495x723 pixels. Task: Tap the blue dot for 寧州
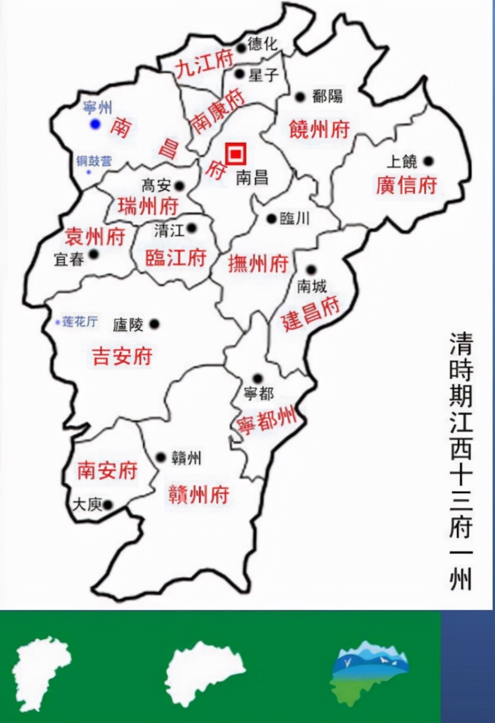coord(95,124)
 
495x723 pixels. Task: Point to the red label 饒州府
coord(319,130)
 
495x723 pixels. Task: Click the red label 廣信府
coord(406,185)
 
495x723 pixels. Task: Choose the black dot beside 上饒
coord(429,161)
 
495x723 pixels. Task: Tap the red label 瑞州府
coord(147,207)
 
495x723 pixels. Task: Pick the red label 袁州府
coord(94,236)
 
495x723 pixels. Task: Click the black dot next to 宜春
coord(94,254)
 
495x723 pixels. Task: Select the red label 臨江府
coord(175,258)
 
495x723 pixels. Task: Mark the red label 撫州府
coord(258,263)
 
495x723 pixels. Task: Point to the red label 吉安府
coord(122,356)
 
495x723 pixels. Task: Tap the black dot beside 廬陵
coord(154,324)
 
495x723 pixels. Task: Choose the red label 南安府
coord(107,470)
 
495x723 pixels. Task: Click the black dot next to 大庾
coord(108,505)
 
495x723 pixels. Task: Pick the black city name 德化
coord(262,45)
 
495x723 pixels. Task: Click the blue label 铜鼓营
coord(93,162)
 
